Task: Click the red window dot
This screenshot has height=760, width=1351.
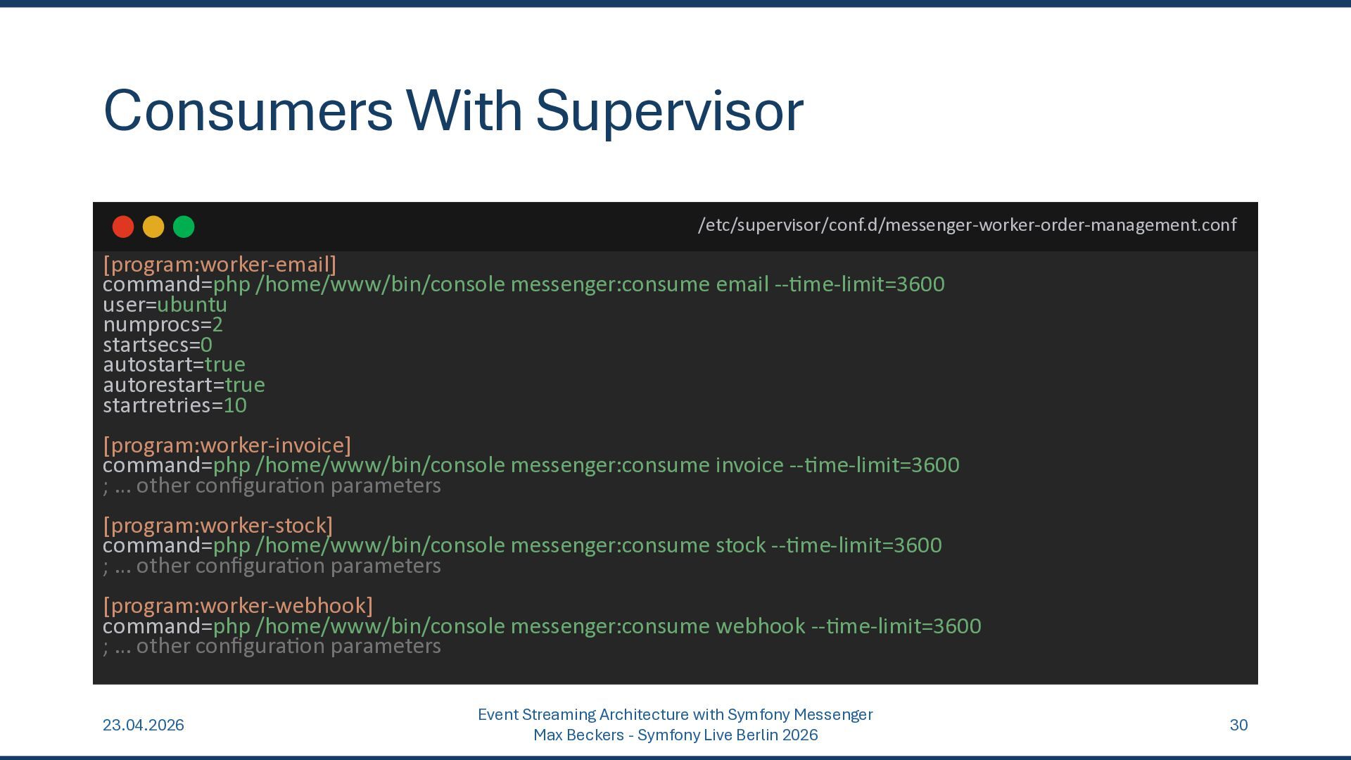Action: click(x=123, y=227)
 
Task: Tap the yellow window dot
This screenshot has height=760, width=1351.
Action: click(x=153, y=227)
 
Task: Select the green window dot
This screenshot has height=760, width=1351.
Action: click(x=184, y=227)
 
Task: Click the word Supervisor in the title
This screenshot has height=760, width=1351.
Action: click(x=669, y=111)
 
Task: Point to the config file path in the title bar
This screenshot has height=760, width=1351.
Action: click(x=967, y=225)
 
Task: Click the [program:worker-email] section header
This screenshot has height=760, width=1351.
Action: click(x=220, y=265)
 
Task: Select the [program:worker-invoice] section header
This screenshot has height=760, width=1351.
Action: click(x=227, y=445)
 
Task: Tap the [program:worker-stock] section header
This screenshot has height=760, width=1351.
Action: click(x=218, y=526)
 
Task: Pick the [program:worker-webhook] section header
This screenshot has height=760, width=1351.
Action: click(x=238, y=606)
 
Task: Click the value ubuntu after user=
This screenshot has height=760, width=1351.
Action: click(x=192, y=305)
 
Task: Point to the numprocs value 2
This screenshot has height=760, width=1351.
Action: click(x=217, y=325)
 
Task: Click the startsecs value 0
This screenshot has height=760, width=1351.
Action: click(x=206, y=345)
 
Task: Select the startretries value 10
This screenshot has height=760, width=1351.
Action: click(x=235, y=405)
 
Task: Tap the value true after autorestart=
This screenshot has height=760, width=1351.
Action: click(x=245, y=385)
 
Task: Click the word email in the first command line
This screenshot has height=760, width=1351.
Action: click(x=742, y=284)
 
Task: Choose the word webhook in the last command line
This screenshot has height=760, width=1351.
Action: click(x=760, y=626)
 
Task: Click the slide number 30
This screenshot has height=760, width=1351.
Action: click(x=1238, y=726)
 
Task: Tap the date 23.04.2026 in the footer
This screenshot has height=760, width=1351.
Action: click(x=144, y=726)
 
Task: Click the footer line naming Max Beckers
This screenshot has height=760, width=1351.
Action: click(x=675, y=735)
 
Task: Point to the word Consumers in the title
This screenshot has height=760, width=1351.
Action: click(x=248, y=111)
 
